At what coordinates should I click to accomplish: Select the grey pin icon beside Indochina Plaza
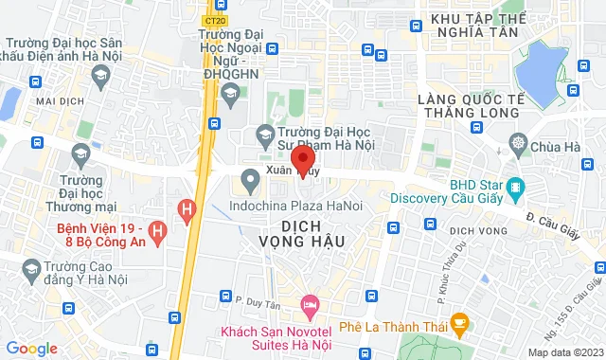[250, 178]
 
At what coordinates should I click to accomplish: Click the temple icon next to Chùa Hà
[518, 146]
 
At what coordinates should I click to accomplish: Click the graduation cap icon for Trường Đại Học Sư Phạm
[266, 134]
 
